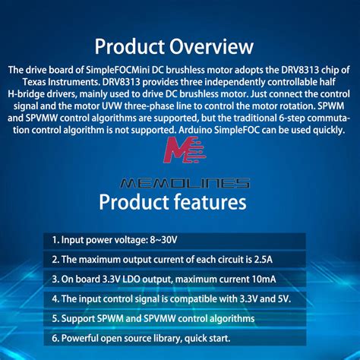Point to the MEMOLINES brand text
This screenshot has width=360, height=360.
185,183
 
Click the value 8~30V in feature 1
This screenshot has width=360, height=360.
161,240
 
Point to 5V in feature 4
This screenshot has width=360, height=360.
281,299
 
